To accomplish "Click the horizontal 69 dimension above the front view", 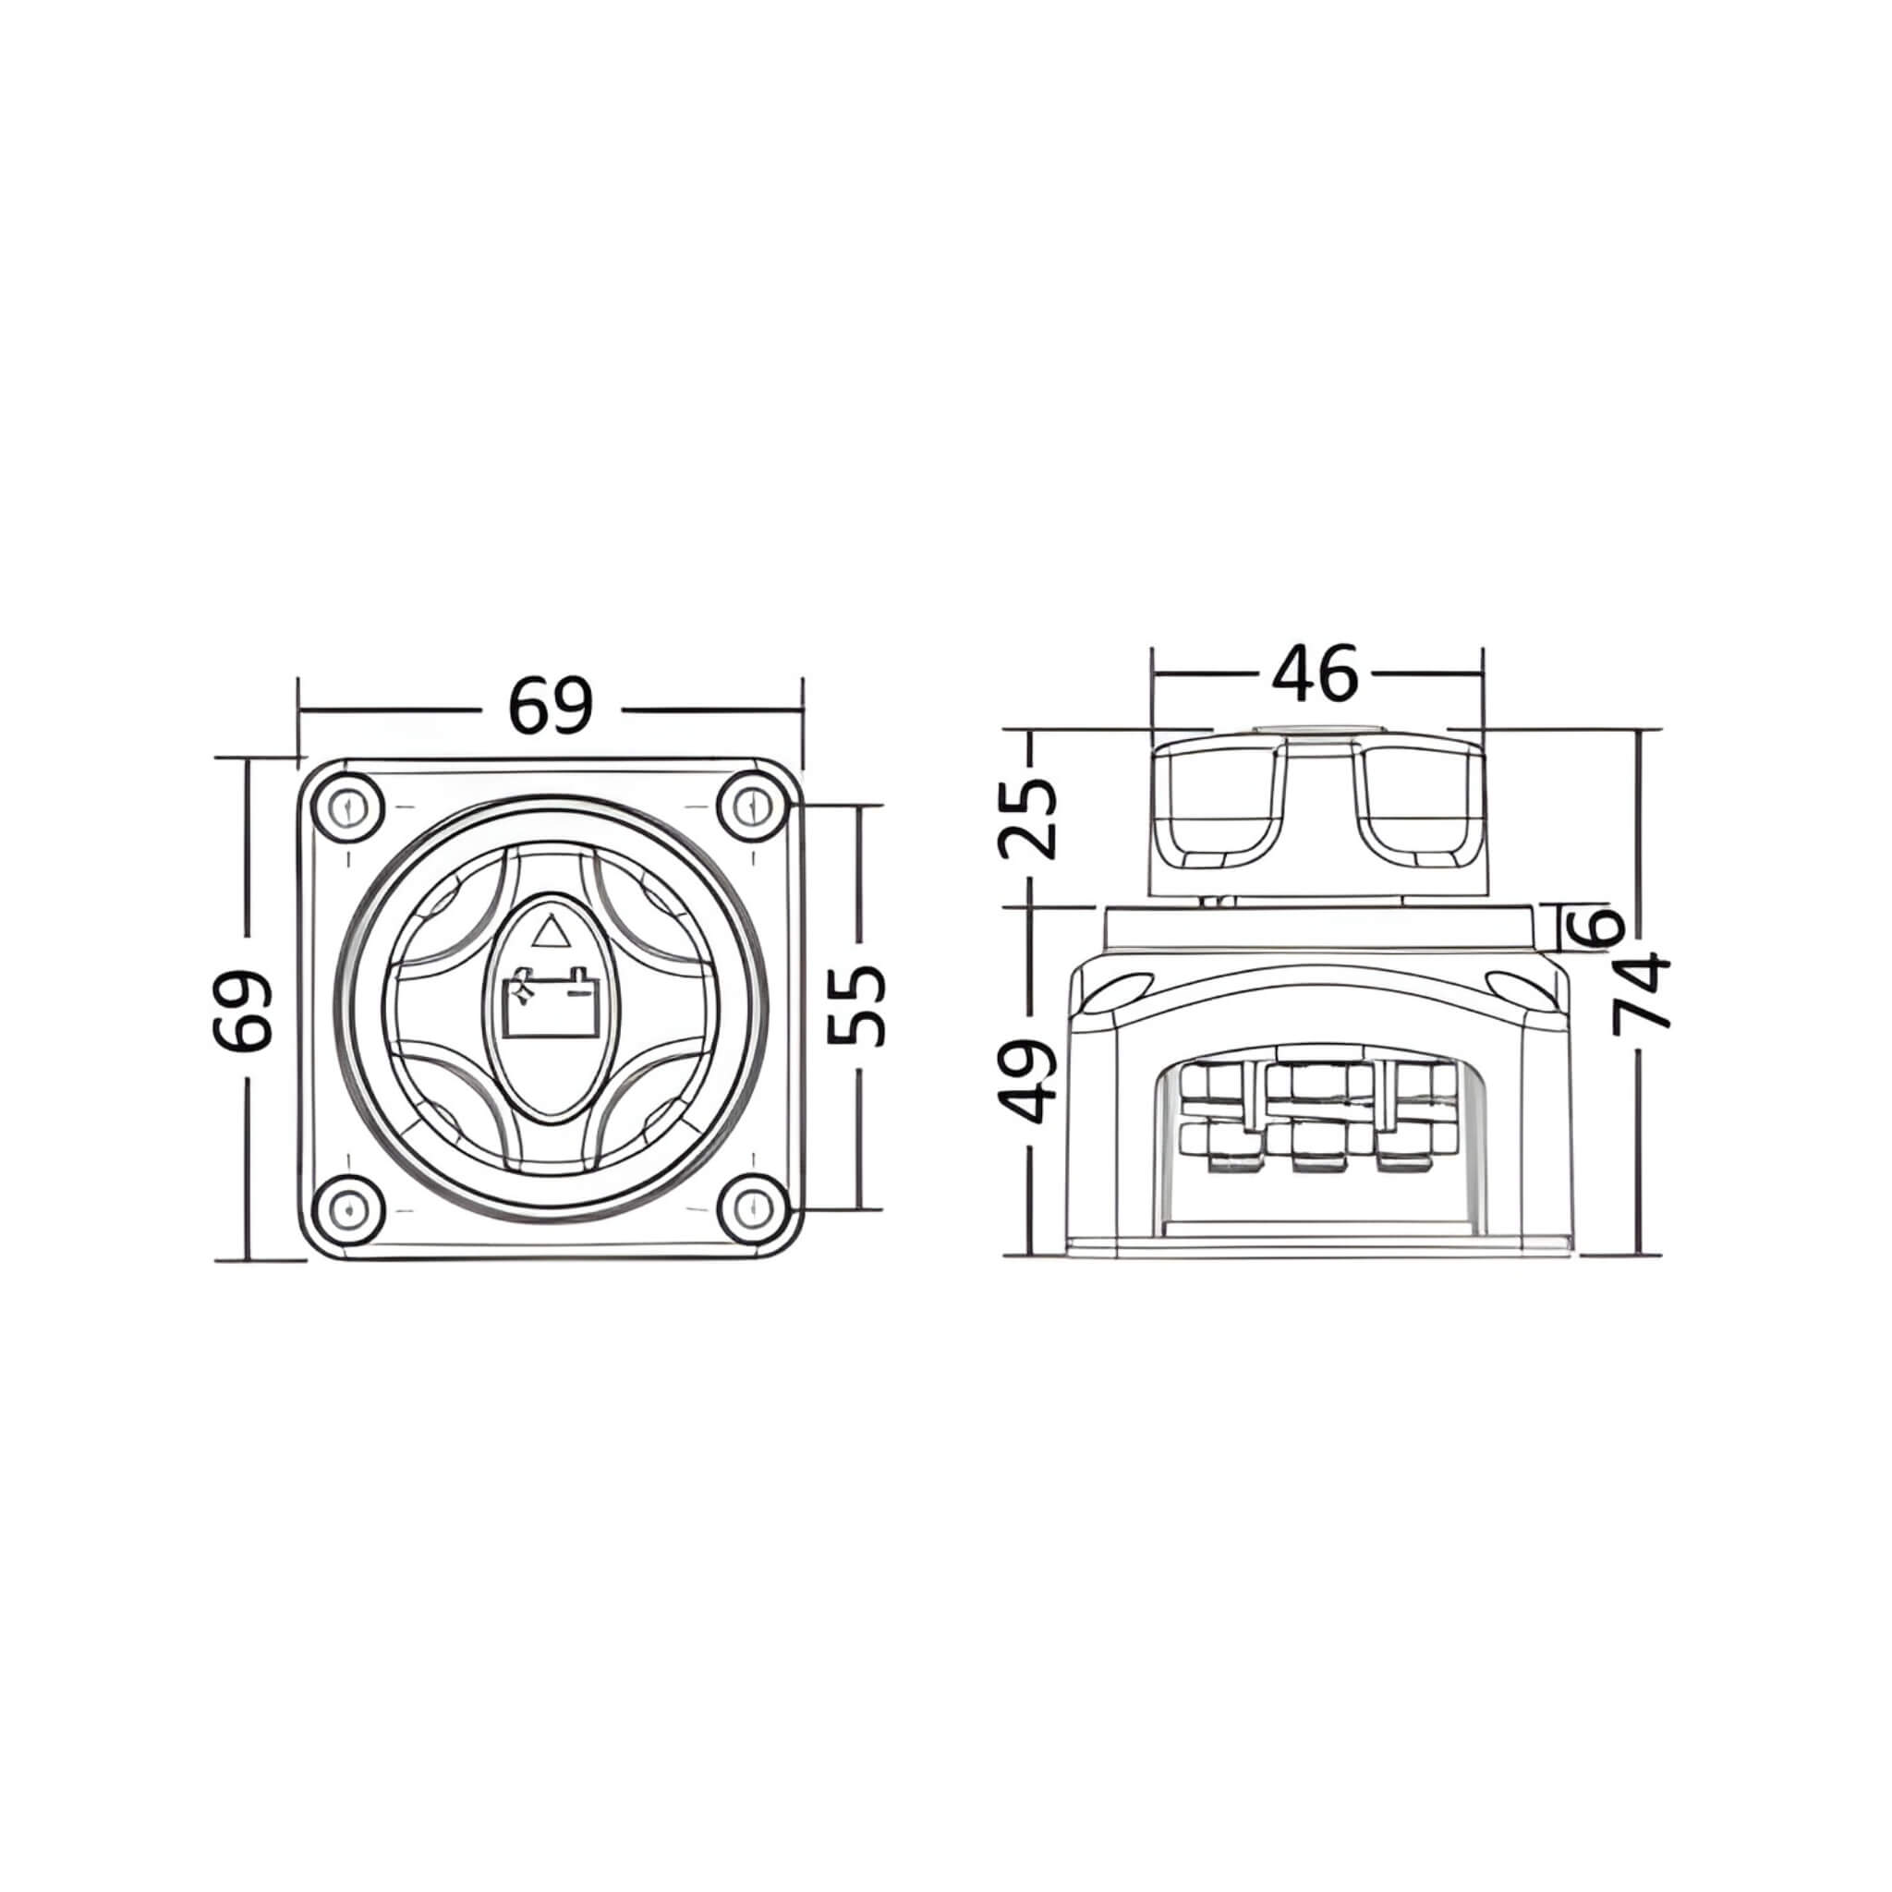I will pos(551,706).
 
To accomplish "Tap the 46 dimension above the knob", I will pos(1316,673).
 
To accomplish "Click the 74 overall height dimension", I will pos(1642,994).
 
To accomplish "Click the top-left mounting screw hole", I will pos(347,809).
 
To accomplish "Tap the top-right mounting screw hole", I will pos(752,809).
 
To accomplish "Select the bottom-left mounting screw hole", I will pos(347,1210).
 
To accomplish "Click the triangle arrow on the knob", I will pos(551,931).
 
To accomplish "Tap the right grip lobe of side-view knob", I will pos(1421,803).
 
